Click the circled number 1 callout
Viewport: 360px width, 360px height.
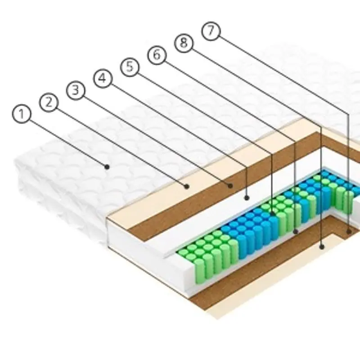tap(21, 114)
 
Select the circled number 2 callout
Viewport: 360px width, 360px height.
tap(49, 102)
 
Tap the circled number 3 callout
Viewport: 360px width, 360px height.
tap(76, 90)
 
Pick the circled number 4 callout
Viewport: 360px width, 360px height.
tap(103, 78)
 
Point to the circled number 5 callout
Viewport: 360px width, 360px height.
tap(130, 67)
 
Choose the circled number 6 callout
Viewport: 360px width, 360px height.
tap(157, 55)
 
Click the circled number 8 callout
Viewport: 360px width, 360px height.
tap(184, 43)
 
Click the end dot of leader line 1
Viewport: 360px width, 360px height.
tap(107, 166)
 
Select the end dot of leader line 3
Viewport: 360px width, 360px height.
tap(230, 184)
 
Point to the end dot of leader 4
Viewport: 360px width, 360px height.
tap(247, 197)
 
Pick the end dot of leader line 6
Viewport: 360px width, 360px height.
tap(295, 231)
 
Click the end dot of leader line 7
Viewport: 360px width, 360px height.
tap(349, 231)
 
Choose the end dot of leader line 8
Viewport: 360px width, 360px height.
tap(321, 246)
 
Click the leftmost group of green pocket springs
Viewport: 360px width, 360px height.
tap(207, 256)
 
